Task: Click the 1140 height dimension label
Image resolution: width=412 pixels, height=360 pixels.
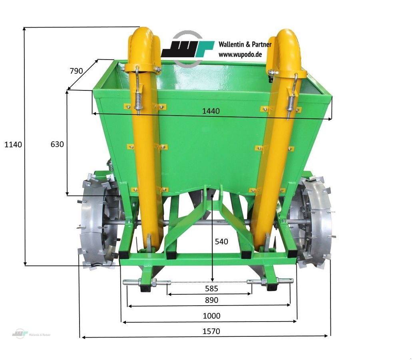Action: click(13, 144)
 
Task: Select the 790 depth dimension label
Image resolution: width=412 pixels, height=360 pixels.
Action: click(76, 71)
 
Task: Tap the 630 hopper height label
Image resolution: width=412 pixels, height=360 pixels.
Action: click(57, 144)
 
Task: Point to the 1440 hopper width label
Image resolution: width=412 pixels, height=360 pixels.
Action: click(211, 111)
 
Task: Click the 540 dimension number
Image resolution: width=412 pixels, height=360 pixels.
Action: click(221, 242)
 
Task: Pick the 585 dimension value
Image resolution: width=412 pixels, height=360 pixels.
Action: click(211, 288)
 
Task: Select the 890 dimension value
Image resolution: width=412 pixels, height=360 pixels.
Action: click(211, 300)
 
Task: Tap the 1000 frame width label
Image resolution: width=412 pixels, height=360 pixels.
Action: click(211, 316)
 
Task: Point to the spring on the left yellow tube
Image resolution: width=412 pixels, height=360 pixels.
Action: click(138, 100)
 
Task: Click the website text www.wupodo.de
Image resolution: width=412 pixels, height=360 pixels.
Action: click(240, 54)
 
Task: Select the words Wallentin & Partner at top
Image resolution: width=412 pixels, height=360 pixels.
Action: click(245, 44)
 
